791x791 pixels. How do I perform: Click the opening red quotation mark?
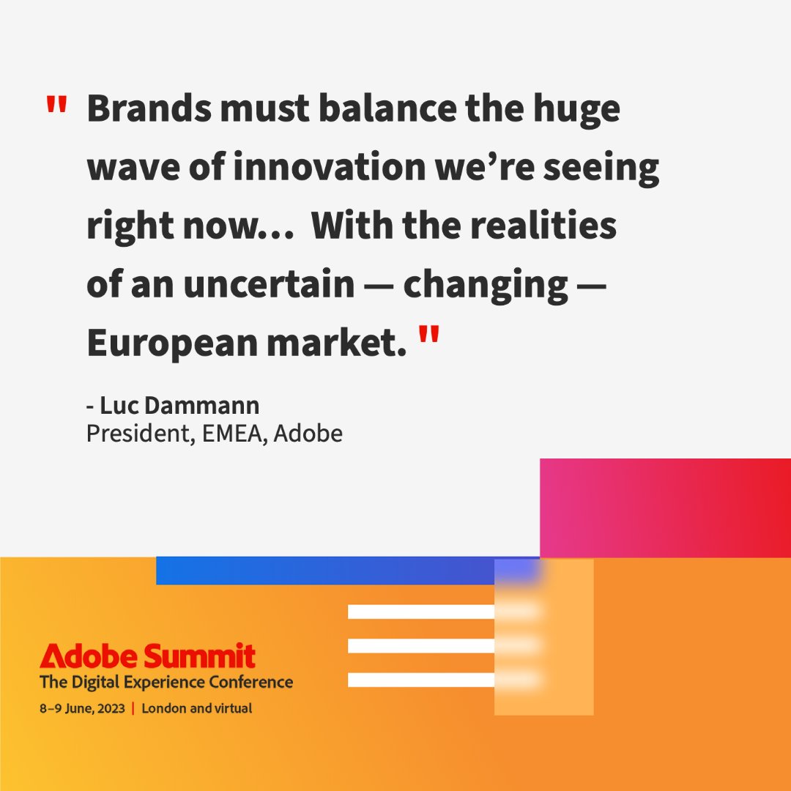pyautogui.click(x=56, y=106)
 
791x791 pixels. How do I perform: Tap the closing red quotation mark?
pyautogui.click(x=430, y=338)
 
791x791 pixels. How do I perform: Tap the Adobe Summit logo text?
pyautogui.click(x=148, y=656)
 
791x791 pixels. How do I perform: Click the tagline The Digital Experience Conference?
pyautogui.click(x=166, y=683)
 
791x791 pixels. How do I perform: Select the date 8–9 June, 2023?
pyautogui.click(x=83, y=708)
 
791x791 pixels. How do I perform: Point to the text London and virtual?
pyautogui.click(x=197, y=708)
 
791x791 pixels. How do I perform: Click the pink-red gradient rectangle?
pyautogui.click(x=665, y=507)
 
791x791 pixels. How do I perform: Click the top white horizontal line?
pyautogui.click(x=421, y=612)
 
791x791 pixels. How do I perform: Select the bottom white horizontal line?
pyautogui.click(x=421, y=680)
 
